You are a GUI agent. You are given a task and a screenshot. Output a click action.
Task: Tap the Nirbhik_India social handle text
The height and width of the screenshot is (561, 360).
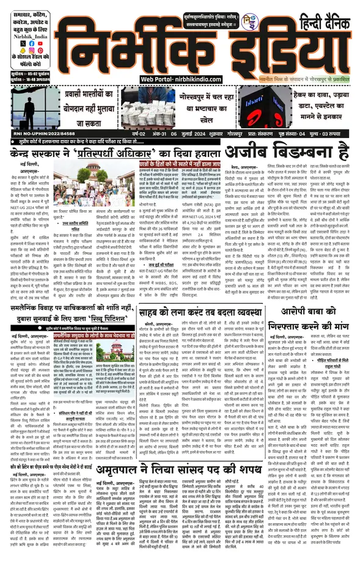pos(25,35)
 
